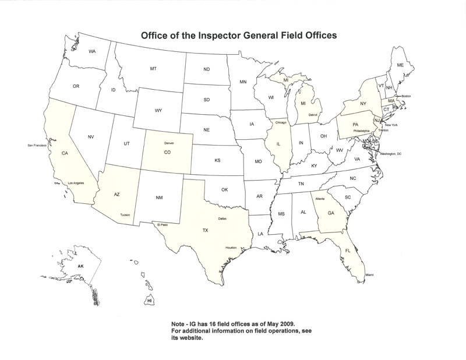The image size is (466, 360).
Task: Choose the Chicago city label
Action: click(x=277, y=123)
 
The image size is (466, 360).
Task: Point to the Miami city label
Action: click(x=369, y=274)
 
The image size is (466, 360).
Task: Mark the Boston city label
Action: click(x=406, y=96)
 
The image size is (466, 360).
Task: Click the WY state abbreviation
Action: click(x=158, y=110)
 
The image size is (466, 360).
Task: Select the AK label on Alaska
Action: click(x=81, y=266)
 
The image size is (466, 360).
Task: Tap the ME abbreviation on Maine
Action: click(x=400, y=65)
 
